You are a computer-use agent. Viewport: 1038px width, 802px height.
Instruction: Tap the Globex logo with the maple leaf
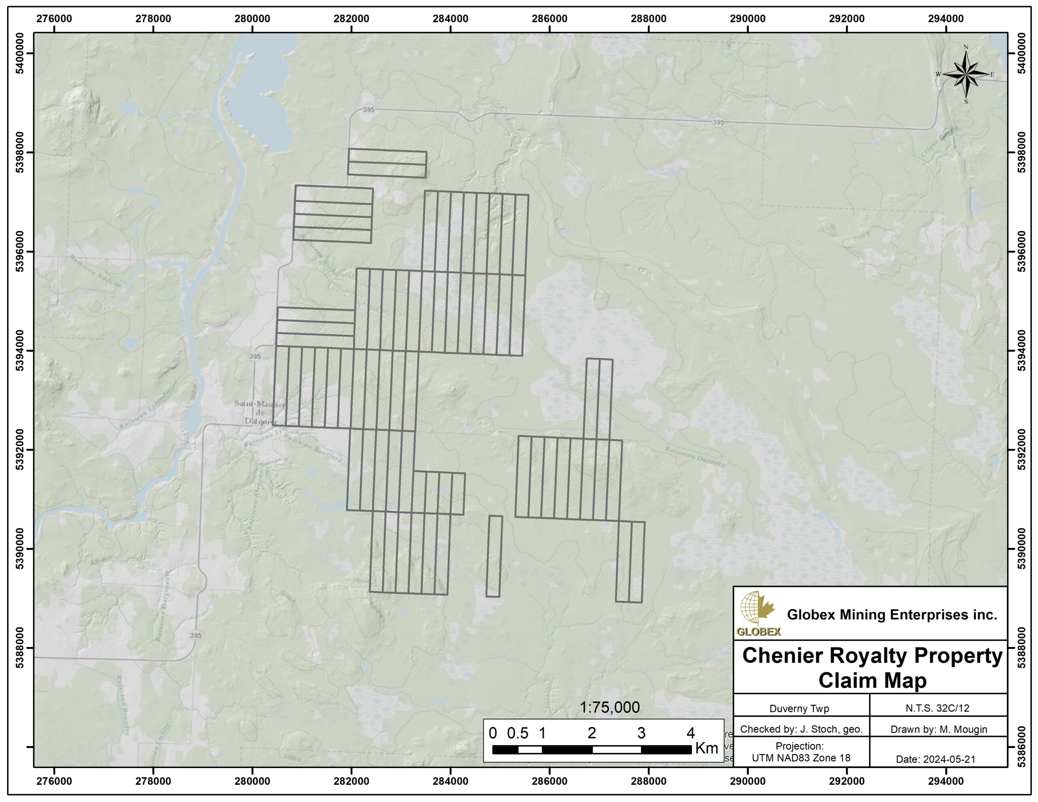[758, 614]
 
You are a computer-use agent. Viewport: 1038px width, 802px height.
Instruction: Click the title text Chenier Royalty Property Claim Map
[872, 667]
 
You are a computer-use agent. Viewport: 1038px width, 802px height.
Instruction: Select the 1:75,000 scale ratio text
[610, 708]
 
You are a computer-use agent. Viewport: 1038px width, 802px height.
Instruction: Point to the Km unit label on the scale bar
[706, 748]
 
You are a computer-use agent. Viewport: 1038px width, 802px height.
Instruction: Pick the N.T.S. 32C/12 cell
[937, 708]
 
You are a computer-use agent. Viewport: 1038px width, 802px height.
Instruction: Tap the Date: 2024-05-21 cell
[935, 759]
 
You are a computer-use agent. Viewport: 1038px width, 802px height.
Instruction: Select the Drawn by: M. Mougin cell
[939, 729]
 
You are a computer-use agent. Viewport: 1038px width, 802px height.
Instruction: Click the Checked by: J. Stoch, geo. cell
[801, 729]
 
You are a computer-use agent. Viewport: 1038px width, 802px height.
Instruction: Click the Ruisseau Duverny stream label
[695, 457]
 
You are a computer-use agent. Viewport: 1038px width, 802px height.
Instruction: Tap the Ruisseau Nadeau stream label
[95, 270]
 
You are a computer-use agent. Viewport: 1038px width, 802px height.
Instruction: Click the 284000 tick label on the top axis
[450, 19]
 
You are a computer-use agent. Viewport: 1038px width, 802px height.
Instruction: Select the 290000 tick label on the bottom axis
[748, 781]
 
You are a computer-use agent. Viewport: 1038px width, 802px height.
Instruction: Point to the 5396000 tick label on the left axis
[20, 251]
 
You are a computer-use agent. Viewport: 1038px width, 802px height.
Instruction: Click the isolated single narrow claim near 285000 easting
[494, 556]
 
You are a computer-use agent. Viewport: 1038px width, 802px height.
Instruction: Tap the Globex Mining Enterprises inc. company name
[892, 615]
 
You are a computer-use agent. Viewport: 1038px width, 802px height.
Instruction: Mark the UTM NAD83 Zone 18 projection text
[801, 758]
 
